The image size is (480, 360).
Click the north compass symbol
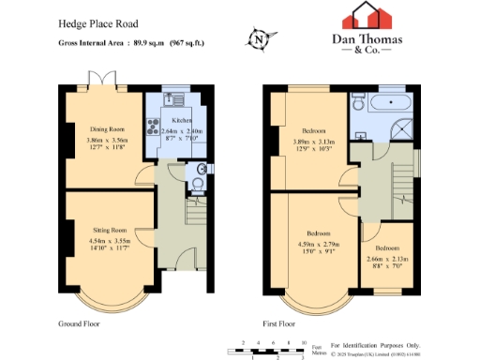click(x=259, y=39)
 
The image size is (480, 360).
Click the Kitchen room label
click(x=181, y=122)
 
